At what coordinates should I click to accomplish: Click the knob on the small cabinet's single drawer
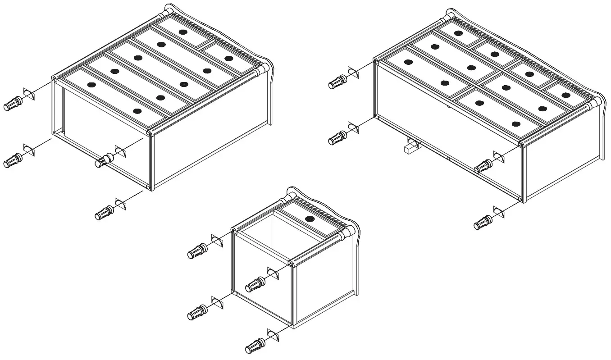(x=310, y=219)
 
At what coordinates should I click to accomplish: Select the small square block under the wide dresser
(x=410, y=147)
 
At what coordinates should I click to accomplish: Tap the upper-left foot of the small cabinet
(x=197, y=251)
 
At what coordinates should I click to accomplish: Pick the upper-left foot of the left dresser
(x=13, y=104)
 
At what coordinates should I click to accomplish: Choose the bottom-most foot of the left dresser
(x=104, y=213)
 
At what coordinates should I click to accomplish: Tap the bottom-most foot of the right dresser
(x=483, y=223)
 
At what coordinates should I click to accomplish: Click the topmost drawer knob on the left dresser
(x=182, y=32)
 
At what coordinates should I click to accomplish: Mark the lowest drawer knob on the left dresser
(x=137, y=111)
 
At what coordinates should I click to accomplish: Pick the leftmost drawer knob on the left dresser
(x=91, y=84)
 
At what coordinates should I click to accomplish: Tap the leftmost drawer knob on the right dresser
(x=408, y=62)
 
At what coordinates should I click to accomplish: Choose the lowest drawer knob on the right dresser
(x=516, y=123)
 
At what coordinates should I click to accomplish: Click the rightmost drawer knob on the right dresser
(x=579, y=94)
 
